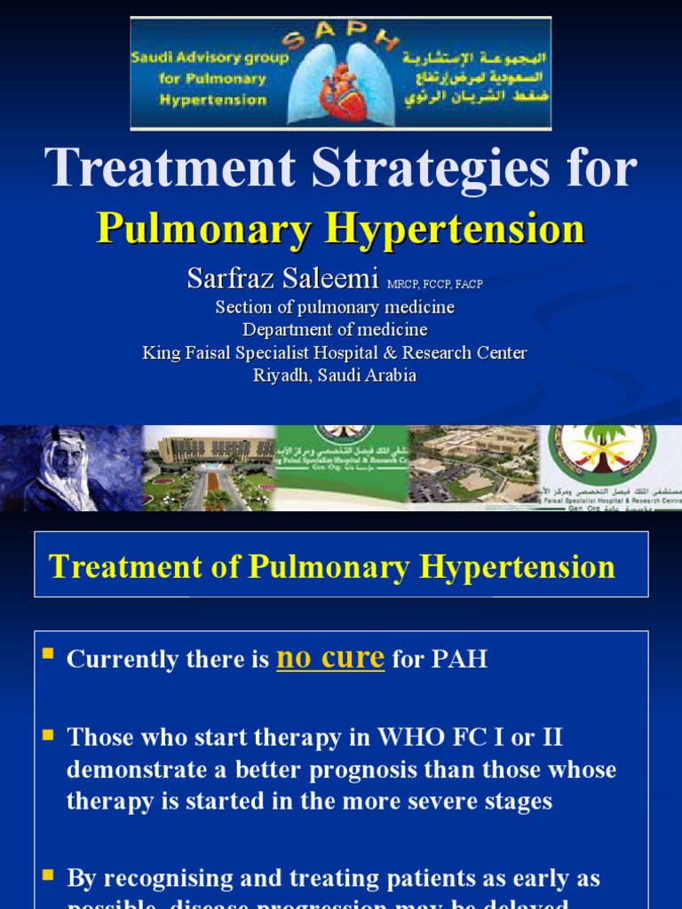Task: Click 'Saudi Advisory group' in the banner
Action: pos(210,59)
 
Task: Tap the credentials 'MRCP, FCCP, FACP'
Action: pos(435,283)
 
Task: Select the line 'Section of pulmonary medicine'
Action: pos(335,307)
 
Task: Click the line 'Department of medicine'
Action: pos(335,329)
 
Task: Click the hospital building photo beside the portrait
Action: pos(208,468)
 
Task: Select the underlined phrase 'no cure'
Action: pos(330,658)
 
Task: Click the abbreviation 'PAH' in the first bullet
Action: pos(458,660)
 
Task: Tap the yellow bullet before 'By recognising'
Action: pos(49,875)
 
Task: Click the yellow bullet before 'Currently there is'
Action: pos(49,656)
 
